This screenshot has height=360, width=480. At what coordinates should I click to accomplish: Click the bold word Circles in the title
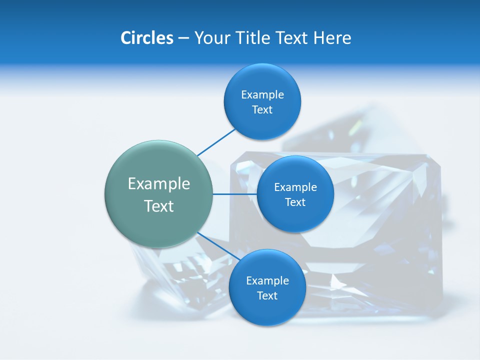[146, 38]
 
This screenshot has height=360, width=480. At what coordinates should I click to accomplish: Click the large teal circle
[159, 220]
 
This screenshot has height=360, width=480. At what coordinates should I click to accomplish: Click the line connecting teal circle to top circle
[216, 142]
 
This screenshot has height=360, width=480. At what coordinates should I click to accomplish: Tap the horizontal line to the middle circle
[234, 194]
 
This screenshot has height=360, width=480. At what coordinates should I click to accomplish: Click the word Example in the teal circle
[159, 184]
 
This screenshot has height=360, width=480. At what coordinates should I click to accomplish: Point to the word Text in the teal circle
[159, 206]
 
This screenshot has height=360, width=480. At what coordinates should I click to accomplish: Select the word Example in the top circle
[262, 95]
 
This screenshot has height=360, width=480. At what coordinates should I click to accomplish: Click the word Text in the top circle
[262, 110]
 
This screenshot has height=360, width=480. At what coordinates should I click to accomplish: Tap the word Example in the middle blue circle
[295, 187]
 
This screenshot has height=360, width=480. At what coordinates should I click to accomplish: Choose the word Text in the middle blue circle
[295, 202]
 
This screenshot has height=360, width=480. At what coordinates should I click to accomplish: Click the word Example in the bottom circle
[267, 281]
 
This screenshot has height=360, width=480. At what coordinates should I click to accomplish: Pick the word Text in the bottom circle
[267, 296]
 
